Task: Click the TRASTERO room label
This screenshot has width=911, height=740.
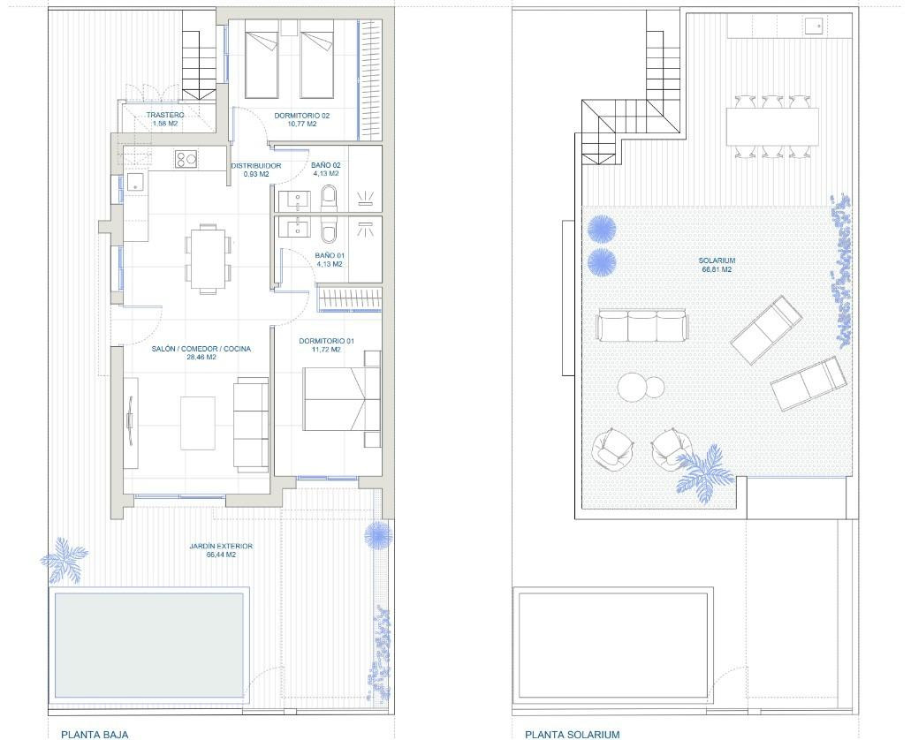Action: coord(165,115)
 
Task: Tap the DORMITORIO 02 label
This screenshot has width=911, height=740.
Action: coord(301,116)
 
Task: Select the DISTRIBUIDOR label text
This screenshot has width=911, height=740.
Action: coord(255,165)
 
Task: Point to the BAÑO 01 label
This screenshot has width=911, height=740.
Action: coord(330,255)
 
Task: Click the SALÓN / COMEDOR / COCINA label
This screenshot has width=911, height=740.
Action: coord(201,349)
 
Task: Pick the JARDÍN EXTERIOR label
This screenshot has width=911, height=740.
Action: coord(221,546)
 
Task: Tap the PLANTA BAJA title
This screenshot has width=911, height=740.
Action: coord(95,734)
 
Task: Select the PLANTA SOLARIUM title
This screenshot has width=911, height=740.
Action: coord(573,734)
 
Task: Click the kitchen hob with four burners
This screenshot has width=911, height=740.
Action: coord(186,159)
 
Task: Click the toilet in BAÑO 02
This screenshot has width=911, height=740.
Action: coord(329,198)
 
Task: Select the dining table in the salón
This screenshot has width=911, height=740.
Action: coord(208,259)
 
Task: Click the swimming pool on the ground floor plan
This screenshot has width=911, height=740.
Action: coord(148,645)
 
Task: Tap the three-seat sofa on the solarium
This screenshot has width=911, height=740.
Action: coord(642,326)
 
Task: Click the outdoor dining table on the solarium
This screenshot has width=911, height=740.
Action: coord(772,126)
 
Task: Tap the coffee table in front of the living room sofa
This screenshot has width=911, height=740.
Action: coord(198,423)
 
